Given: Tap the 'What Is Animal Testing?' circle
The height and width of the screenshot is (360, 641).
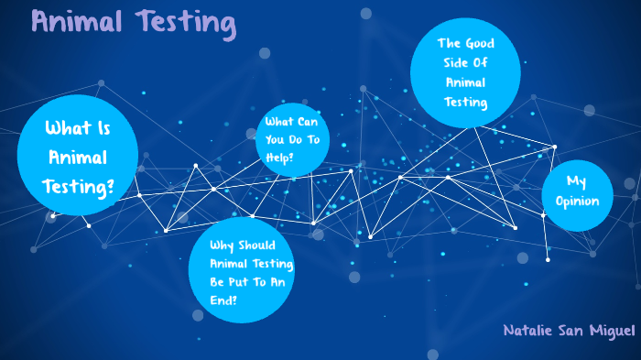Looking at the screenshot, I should [78, 157].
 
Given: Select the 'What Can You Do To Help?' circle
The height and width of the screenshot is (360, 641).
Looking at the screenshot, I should [291, 139].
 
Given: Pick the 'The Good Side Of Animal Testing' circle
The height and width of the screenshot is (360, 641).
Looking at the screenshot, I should [465, 73].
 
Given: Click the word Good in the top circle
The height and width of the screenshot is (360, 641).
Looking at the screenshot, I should [482, 43].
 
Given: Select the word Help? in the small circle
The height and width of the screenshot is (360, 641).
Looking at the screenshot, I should [279, 157].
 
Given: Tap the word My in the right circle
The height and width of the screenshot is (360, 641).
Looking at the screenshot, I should [576, 180].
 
